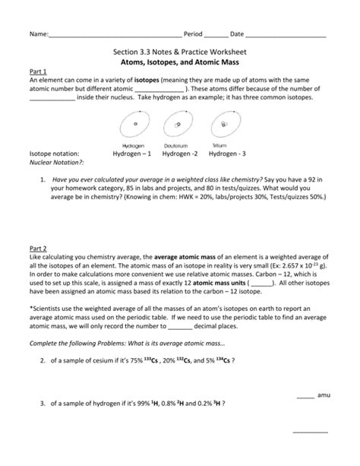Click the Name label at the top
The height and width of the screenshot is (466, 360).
point(38,35)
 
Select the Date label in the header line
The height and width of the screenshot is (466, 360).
point(237,35)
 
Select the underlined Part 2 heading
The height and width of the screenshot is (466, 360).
point(38,248)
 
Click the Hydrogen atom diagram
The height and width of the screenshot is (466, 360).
point(134,125)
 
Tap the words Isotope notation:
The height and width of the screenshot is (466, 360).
point(55,153)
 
